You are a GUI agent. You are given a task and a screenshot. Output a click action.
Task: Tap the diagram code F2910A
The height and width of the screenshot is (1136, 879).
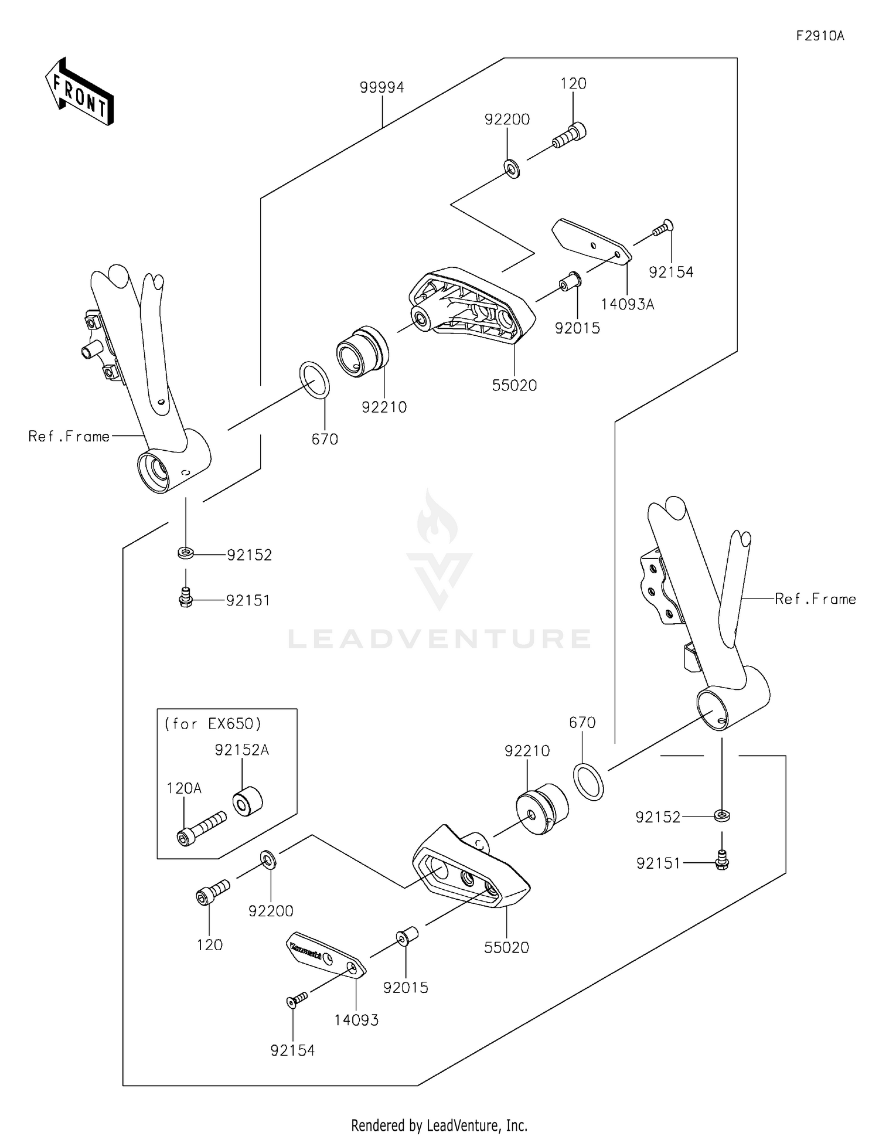pyautogui.click(x=820, y=36)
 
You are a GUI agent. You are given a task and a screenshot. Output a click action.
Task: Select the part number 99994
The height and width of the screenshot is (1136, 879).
pyautogui.click(x=381, y=87)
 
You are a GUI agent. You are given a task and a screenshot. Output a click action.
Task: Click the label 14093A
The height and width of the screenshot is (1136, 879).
pyautogui.click(x=627, y=304)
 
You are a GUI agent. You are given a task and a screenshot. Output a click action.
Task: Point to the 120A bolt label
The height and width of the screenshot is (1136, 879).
pyautogui.click(x=184, y=788)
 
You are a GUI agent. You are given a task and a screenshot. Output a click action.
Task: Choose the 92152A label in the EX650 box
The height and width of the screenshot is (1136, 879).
pyautogui.click(x=241, y=750)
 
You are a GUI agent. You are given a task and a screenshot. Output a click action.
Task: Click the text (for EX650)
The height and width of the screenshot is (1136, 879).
pyautogui.click(x=213, y=724)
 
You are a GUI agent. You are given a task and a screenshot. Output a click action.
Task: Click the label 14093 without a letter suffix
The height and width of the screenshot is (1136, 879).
pyautogui.click(x=356, y=1020)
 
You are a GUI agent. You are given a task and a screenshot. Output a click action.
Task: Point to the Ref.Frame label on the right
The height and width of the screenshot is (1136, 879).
pyautogui.click(x=815, y=599)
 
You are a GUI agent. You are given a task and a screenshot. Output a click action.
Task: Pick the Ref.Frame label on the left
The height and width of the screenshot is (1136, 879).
pyautogui.click(x=69, y=437)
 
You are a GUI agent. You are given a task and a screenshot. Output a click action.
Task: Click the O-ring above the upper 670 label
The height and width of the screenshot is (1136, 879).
pyautogui.click(x=315, y=380)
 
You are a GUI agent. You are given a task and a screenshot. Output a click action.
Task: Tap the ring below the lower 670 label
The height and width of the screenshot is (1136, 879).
pyautogui.click(x=588, y=781)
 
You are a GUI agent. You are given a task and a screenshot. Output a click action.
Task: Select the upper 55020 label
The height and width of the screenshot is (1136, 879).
pyautogui.click(x=514, y=386)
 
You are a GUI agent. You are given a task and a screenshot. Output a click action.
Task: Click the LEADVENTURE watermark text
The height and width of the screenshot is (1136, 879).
pyautogui.click(x=439, y=639)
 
